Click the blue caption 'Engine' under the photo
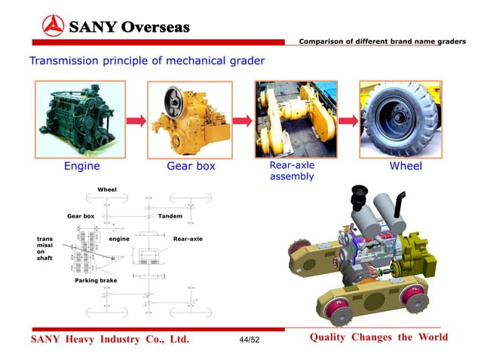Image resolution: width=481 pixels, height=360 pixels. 81,166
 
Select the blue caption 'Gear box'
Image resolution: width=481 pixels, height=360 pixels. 190,166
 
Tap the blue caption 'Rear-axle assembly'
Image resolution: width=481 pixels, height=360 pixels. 292,171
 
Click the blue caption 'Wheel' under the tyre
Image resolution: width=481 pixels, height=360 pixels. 405,166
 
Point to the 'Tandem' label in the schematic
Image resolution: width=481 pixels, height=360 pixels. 170,216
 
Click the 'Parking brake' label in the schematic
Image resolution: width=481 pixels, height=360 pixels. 96,280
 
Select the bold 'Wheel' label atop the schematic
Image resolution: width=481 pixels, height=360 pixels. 109,189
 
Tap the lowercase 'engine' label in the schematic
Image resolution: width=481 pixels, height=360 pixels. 120,239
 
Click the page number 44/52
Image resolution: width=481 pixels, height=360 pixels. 248,340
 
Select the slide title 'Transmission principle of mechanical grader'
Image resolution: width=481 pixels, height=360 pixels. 146,60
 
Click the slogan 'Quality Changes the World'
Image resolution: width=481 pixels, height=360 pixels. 378,337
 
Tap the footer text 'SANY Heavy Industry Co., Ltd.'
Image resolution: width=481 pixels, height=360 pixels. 109,340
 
